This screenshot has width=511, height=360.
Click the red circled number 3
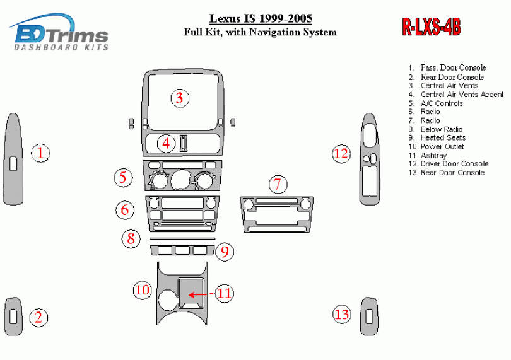(179, 98)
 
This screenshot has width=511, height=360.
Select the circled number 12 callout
(341, 153)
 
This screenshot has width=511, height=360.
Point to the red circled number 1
(40, 153)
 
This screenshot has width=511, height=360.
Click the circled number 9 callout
(225, 253)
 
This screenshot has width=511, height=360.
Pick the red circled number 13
(342, 314)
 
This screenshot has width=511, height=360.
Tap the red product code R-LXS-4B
(432, 26)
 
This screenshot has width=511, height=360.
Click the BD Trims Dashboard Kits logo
(60, 33)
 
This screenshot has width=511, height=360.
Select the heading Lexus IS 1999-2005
(260, 18)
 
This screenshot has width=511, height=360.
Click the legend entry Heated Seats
(443, 137)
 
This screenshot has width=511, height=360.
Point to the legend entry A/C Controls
(441, 103)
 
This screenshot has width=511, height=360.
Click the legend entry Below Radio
(441, 129)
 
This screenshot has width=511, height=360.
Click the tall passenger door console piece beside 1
(13, 159)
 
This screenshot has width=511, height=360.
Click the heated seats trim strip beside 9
(182, 251)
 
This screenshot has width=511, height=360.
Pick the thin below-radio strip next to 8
(182, 240)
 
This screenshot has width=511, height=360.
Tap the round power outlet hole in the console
(167, 299)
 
